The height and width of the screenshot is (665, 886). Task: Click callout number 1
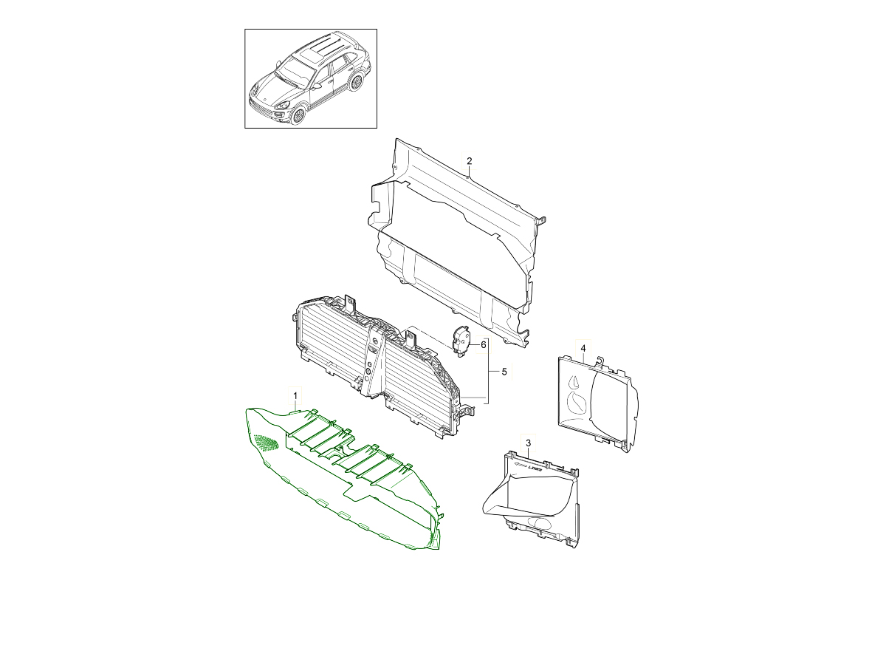[295, 397]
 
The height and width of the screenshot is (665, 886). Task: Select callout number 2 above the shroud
[469, 161]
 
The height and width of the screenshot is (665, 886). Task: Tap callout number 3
[529, 443]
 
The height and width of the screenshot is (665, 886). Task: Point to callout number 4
[583, 348]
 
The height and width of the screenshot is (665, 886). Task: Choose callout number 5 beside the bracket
[504, 372]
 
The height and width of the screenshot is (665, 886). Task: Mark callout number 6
[484, 344]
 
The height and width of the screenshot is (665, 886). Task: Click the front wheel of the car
[298, 115]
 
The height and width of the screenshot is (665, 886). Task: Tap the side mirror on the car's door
[316, 86]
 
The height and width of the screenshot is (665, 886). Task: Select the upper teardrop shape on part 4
[573, 381]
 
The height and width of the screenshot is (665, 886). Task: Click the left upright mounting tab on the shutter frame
[350, 303]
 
